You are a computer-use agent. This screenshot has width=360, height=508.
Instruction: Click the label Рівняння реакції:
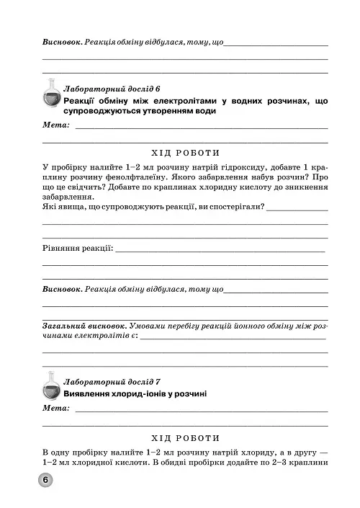(78, 249)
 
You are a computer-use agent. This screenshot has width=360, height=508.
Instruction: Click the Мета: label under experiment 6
(55, 126)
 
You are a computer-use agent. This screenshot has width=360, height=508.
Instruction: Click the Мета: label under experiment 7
(55, 409)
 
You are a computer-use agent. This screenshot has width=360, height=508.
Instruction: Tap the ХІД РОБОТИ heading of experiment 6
(186, 152)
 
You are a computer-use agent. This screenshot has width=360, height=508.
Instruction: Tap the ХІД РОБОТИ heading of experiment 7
(186, 437)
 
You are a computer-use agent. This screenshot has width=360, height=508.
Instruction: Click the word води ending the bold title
(203, 112)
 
